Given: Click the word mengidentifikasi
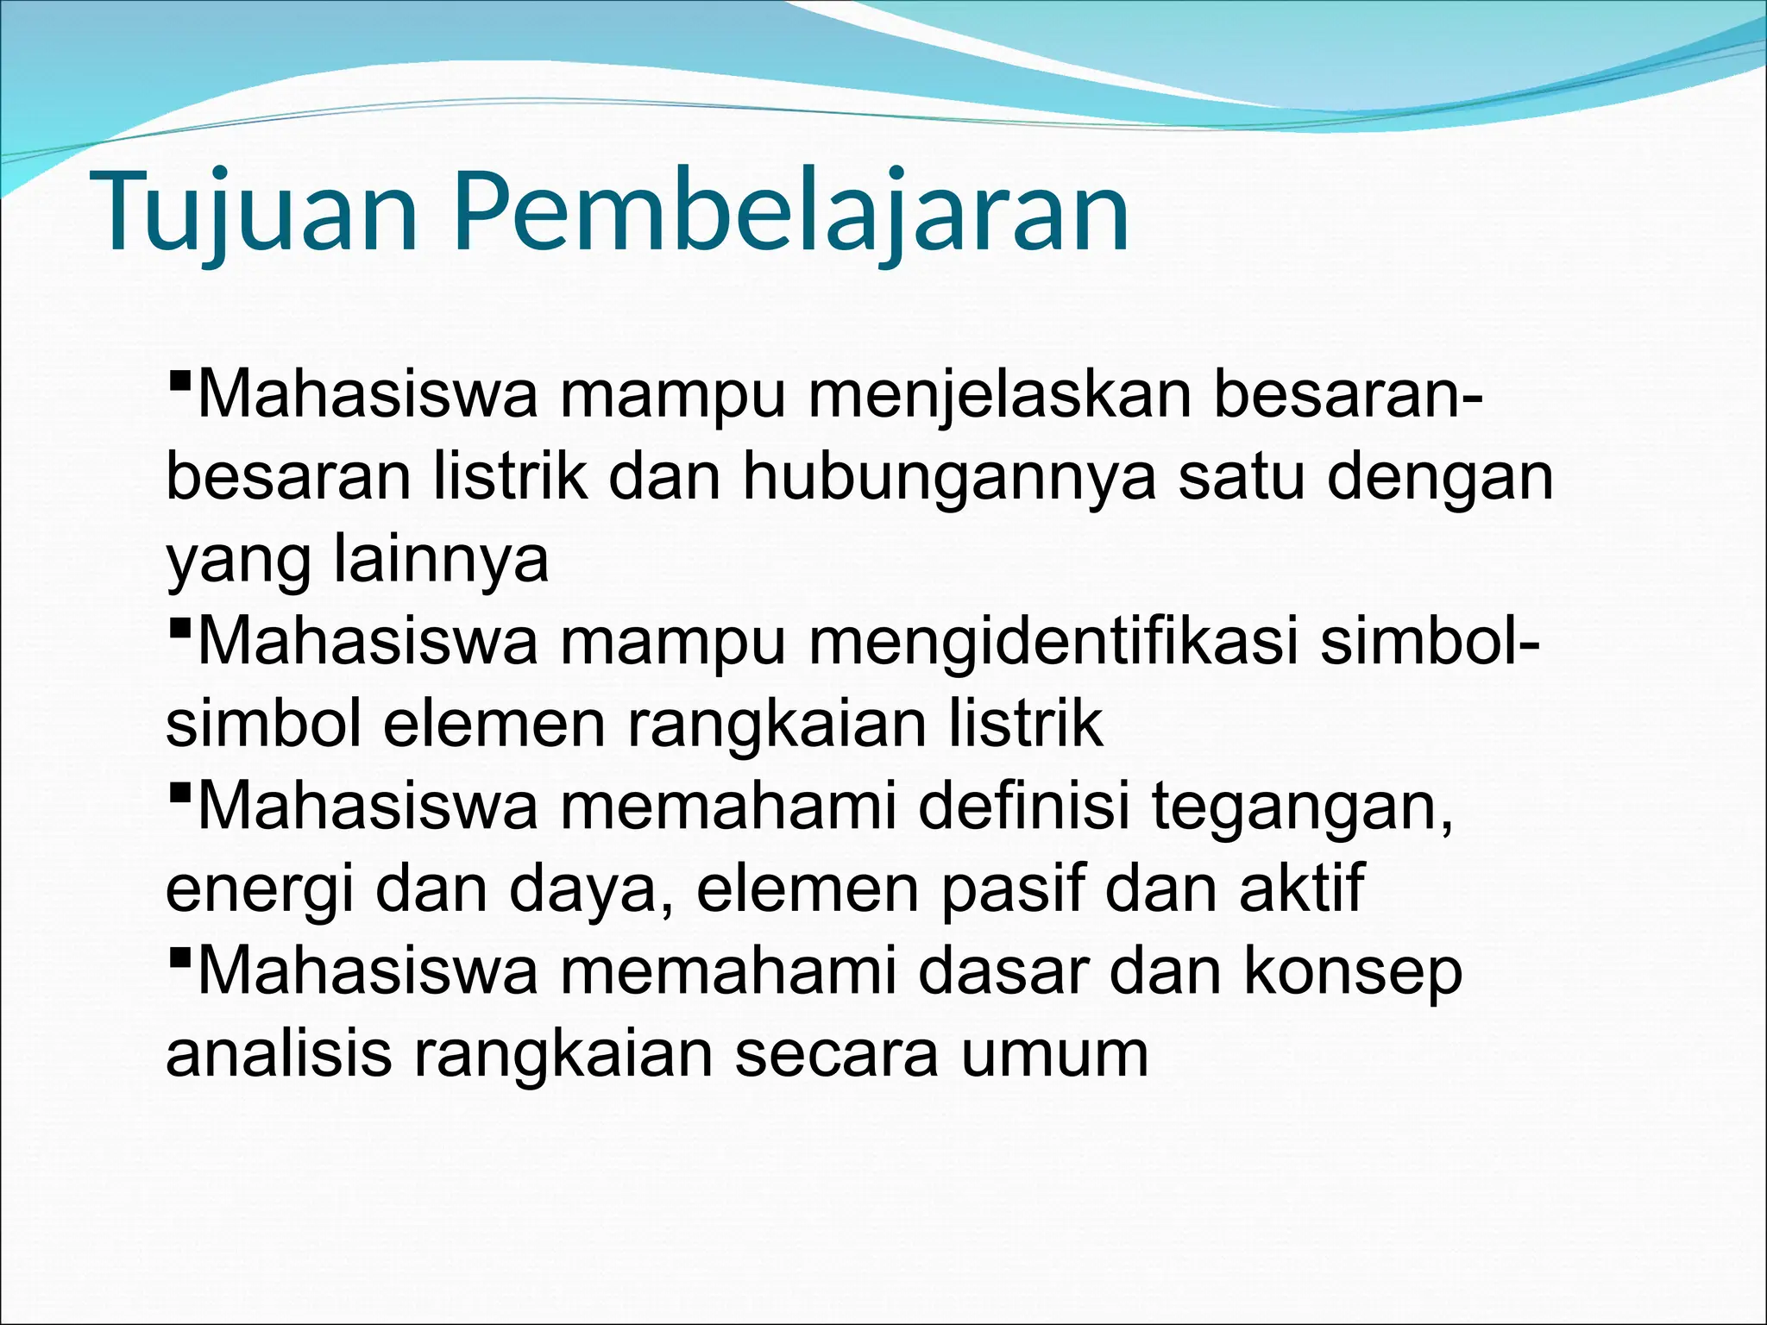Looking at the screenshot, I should pyautogui.click(x=1053, y=642).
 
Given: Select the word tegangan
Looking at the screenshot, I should pyautogui.click(x=1303, y=807).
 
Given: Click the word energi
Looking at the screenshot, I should pyautogui.click(x=259, y=889).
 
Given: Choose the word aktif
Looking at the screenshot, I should pyautogui.click(x=1303, y=889).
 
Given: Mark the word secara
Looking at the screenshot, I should pyautogui.click(x=836, y=1054).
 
